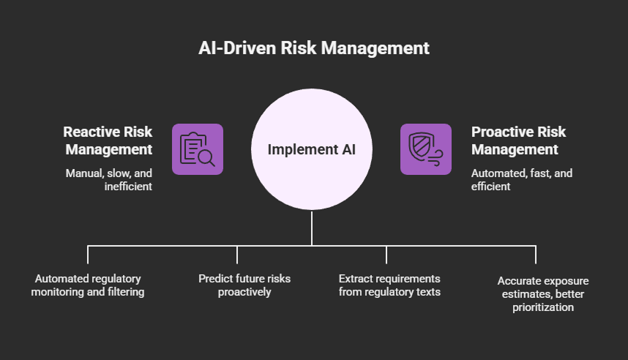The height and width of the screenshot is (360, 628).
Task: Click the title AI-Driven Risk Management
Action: click(314, 48)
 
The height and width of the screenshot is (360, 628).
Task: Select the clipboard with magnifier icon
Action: click(198, 149)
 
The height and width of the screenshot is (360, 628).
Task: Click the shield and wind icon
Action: click(425, 149)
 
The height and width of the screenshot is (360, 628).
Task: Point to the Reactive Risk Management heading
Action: click(108, 140)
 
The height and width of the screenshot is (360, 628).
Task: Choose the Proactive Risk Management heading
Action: click(518, 140)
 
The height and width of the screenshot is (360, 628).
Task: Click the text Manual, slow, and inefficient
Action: click(110, 180)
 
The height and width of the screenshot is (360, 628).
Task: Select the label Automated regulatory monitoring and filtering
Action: click(88, 285)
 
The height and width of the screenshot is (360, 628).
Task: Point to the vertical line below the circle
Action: click(312, 228)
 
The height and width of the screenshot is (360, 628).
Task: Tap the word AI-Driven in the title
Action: click(234, 48)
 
